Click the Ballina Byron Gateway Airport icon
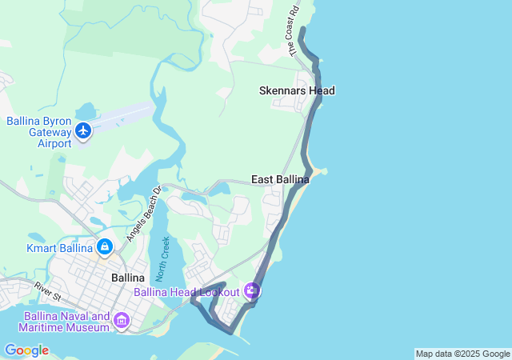click(x=83, y=130)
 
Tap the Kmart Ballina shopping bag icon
click(x=105, y=247)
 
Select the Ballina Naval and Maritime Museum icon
click(x=122, y=321)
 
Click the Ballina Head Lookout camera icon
click(x=253, y=291)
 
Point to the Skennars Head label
click(x=297, y=91)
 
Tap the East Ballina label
click(x=280, y=180)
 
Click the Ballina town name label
click(x=128, y=278)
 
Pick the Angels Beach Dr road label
click(x=144, y=214)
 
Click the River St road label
click(x=47, y=292)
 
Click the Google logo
click(x=26, y=350)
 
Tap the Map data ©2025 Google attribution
click(x=462, y=354)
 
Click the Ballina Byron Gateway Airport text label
click(x=37, y=132)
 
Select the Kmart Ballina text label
click(x=60, y=248)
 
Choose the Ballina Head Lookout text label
click(x=186, y=292)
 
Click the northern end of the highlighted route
click(x=302, y=30)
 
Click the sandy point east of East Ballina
click(x=321, y=171)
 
